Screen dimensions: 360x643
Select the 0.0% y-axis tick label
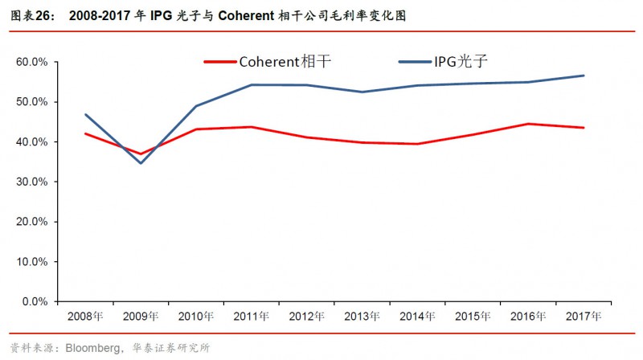click(35, 302)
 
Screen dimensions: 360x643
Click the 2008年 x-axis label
click(85, 317)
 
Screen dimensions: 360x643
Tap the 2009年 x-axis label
click(141, 317)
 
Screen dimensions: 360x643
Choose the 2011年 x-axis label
click(252, 317)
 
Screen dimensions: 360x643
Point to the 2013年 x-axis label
click(362, 317)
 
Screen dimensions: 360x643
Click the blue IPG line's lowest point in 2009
click(141, 163)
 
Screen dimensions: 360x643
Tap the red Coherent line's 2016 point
click(528, 124)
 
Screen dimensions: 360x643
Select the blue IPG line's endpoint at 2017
click(584, 76)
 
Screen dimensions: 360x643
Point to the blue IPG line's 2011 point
click(252, 84)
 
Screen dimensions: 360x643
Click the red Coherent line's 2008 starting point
click(85, 133)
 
